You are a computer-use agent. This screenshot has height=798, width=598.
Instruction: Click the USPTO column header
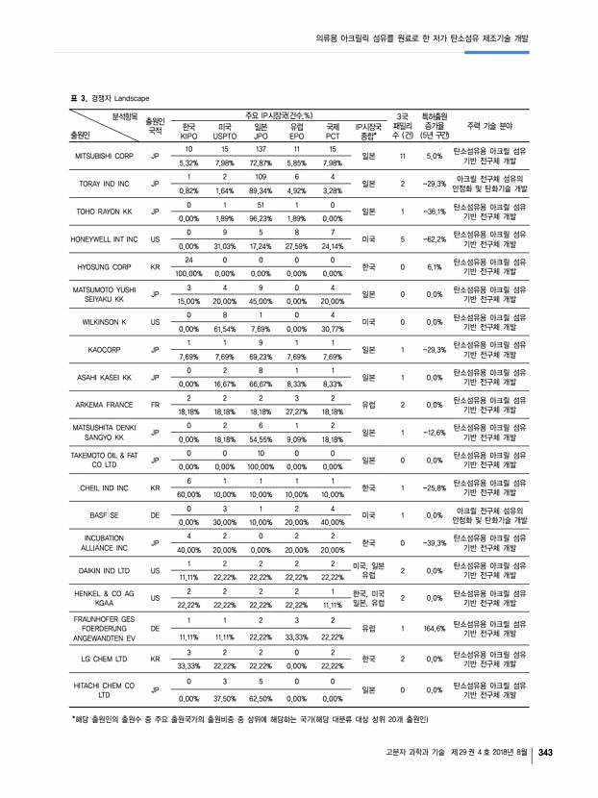pos(224,137)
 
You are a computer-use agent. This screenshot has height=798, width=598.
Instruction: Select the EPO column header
pos(296,137)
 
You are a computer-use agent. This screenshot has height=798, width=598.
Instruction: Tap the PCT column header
pos(332,137)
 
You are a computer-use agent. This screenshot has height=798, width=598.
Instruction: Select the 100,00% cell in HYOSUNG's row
pos(188,274)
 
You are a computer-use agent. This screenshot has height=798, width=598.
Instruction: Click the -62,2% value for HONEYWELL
pos(433,239)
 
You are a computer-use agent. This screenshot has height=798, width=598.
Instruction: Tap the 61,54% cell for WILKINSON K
pos(224,329)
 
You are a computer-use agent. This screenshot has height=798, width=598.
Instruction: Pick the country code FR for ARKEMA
pos(155,405)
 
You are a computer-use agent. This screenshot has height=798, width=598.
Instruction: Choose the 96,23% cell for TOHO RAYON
pos(260,218)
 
